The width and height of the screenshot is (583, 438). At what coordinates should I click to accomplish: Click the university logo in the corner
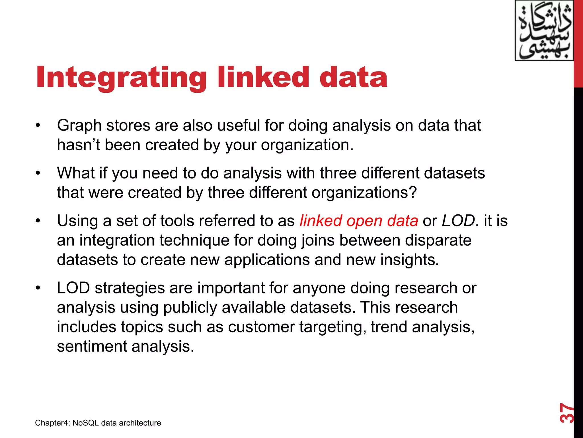[544, 31]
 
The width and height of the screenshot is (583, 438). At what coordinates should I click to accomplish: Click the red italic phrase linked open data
[359, 221]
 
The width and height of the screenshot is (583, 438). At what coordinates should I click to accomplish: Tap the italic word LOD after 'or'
[458, 221]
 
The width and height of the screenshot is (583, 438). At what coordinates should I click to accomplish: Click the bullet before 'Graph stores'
[38, 126]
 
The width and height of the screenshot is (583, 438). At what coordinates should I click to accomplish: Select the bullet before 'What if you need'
[38, 173]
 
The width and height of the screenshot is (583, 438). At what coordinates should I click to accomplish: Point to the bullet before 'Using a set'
[38, 221]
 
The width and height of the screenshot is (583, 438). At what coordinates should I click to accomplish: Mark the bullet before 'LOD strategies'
[38, 288]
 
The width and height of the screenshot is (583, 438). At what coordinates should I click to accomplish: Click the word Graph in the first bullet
[79, 125]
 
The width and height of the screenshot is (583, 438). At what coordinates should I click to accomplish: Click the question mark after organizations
[413, 192]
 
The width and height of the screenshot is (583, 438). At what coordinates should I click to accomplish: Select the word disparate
[438, 240]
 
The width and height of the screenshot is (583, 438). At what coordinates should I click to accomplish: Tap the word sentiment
[92, 346]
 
